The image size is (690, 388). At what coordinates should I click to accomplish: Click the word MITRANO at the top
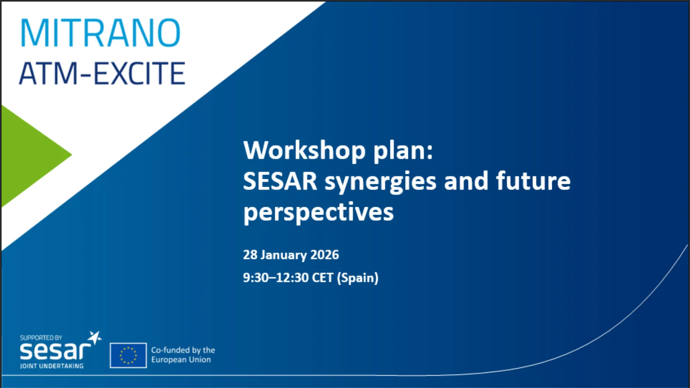coord(100,33)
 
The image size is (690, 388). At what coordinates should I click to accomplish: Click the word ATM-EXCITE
coord(102,73)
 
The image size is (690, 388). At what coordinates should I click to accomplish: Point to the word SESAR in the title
coord(280,181)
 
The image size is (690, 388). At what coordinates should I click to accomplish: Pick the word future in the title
coord(533,181)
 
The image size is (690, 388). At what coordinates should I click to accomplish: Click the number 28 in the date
coord(250,255)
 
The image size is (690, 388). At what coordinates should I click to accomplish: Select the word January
coord(283,255)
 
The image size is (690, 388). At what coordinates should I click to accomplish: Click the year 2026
coord(324,255)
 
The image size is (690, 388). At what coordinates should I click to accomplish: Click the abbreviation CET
coord(322,278)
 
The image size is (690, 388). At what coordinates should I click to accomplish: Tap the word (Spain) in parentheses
coord(357,278)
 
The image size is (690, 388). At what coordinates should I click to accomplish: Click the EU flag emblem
coord(128,355)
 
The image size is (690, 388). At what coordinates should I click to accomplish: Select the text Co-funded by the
coord(183,350)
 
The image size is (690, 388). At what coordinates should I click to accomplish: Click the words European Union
coord(181,360)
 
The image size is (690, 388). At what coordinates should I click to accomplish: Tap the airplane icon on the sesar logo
coord(95,338)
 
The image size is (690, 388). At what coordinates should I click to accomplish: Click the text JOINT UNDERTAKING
coord(52,366)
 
